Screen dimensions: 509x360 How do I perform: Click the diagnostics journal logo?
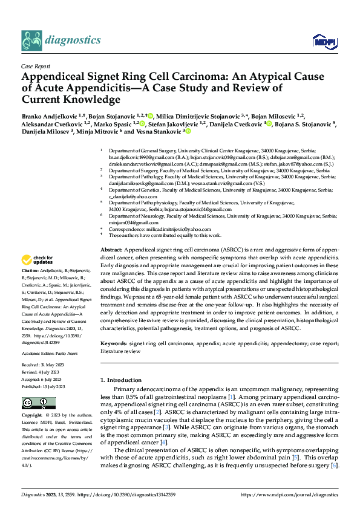61,41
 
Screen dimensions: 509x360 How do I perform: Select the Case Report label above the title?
34,66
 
